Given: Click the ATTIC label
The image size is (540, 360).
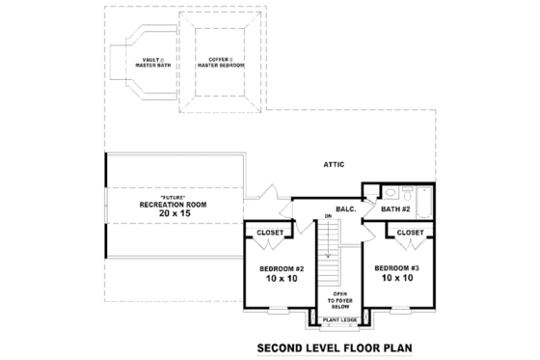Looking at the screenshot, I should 335,165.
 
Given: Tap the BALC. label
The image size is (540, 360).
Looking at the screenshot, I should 347,208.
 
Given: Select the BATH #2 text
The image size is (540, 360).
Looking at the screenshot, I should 396,208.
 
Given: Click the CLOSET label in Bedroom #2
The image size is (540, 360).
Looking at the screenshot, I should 269,233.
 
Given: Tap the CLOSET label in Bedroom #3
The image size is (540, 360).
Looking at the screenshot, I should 410,233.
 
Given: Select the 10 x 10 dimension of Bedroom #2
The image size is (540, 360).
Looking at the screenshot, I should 282,279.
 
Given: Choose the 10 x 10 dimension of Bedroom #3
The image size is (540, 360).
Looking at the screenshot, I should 397,279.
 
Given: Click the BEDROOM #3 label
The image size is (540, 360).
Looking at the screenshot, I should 397,267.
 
